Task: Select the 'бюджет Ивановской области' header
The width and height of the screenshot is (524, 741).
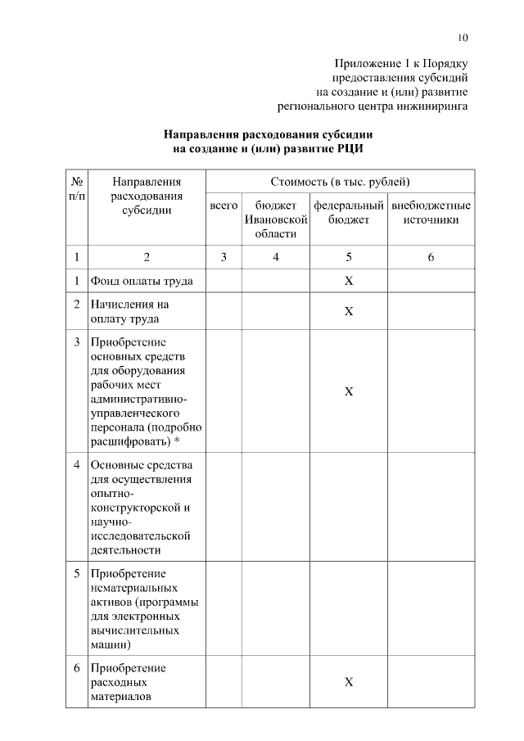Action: (275, 219)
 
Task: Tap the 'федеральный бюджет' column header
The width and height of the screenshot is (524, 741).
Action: (348, 212)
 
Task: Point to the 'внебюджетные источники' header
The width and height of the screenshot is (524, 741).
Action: (431, 212)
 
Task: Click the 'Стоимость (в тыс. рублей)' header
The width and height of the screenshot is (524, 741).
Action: (340, 181)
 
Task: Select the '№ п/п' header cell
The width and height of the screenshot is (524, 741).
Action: (76, 188)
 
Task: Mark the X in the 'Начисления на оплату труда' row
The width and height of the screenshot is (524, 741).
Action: (348, 312)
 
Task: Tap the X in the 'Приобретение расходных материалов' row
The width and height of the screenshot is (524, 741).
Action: (348, 682)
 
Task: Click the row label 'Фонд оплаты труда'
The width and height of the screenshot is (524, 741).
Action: (142, 281)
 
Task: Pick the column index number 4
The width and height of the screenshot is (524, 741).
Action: (276, 257)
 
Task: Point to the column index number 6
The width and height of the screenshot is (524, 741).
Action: (431, 257)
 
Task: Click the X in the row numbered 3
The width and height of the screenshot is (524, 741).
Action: (348, 392)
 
